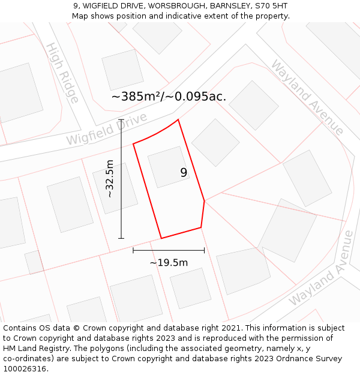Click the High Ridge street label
[62, 73]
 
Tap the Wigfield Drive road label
[107, 130]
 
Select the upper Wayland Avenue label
[307, 97]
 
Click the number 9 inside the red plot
[184, 173]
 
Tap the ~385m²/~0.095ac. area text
[169, 97]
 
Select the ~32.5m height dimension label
[110, 178]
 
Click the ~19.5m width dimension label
[169, 262]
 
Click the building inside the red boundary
[169, 167]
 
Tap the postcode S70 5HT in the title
[271, 6]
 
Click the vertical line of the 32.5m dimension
[121, 180]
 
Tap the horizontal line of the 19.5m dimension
[169, 250]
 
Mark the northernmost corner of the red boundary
[178, 119]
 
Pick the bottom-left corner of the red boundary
[161, 238]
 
